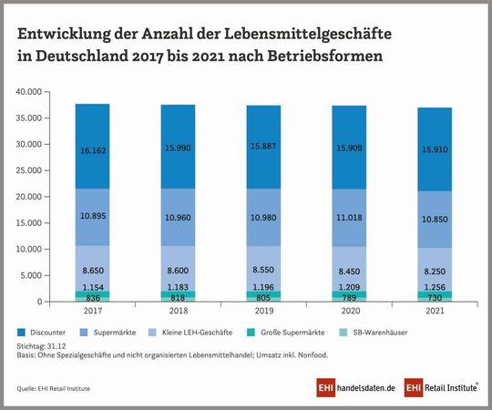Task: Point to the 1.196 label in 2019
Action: point(264,287)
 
